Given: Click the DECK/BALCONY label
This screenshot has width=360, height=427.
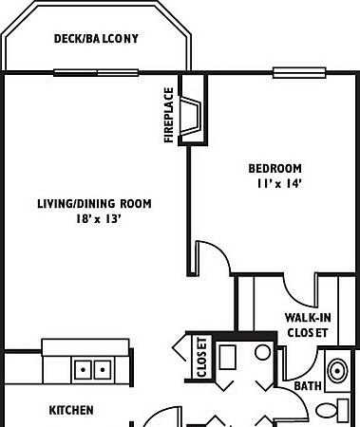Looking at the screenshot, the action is [x=96, y=39].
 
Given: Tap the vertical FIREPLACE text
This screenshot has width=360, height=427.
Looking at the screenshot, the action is [x=169, y=115].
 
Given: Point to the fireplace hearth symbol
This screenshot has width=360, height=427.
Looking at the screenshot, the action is [x=191, y=116].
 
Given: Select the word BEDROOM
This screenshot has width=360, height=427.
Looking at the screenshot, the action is [x=275, y=168].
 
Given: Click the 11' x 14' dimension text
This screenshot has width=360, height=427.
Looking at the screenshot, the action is [x=278, y=184].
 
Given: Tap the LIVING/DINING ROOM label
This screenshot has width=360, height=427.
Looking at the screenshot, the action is [x=94, y=203].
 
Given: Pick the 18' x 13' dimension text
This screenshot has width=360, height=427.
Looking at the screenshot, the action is [x=99, y=218].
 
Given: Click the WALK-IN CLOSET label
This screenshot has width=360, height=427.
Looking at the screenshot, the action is [x=307, y=325].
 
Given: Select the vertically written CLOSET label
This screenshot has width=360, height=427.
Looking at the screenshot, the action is [x=201, y=357].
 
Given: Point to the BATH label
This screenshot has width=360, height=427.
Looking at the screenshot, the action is [x=308, y=386].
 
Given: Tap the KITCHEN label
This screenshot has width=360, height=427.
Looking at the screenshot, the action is [x=71, y=410].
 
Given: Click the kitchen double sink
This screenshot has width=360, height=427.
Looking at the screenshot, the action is [x=92, y=369].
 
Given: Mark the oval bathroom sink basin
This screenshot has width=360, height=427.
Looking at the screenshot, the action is [x=337, y=371].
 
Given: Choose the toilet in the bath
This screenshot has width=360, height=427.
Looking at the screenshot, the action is [x=332, y=409].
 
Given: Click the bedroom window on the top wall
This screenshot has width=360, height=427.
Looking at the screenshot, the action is [x=299, y=73].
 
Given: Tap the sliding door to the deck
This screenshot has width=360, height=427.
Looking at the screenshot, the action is [x=96, y=73].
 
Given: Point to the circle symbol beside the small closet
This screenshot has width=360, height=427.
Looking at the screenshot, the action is [x=263, y=353].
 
